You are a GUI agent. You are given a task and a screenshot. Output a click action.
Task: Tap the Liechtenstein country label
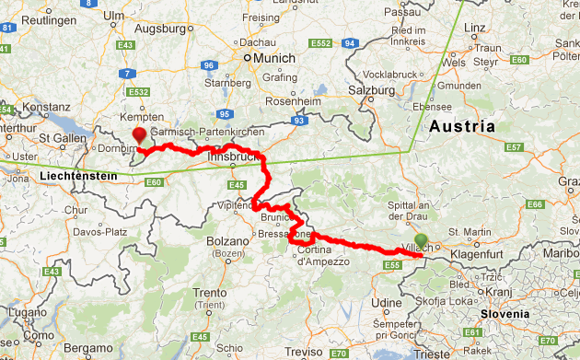[x=83, y=175]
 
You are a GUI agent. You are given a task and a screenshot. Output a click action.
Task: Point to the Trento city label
[x=209, y=293]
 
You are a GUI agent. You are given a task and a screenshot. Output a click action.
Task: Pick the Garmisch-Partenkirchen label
[x=200, y=133]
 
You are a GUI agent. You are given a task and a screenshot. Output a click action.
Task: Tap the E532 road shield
[x=140, y=92]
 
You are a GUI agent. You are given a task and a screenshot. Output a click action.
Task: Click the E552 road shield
[x=321, y=43]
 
